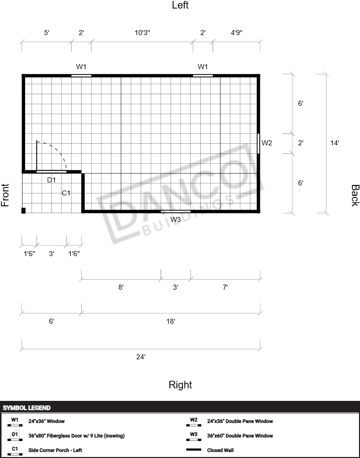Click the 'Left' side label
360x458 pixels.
pyautogui.click(x=180, y=5)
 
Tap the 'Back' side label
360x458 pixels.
pyautogui.click(x=355, y=195)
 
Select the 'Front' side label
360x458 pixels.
pyautogui.click(x=5, y=195)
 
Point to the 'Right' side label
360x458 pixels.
pyautogui.click(x=180, y=385)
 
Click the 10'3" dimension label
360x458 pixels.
pyautogui.click(x=142, y=33)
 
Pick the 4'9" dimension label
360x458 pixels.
pyautogui.click(x=236, y=33)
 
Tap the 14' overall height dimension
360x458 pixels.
pyautogui.click(x=334, y=143)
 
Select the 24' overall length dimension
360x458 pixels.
pyautogui.click(x=141, y=357)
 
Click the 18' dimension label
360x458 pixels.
pyautogui.click(x=171, y=321)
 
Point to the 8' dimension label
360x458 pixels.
pyautogui.click(x=121, y=287)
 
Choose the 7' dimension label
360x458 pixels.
pyautogui.click(x=225, y=287)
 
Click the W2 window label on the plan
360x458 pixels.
pyautogui.click(x=266, y=143)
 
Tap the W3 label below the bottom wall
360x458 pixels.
pyautogui.click(x=175, y=219)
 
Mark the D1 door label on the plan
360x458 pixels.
pyautogui.click(x=52, y=180)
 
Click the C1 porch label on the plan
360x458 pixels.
pyautogui.click(x=66, y=193)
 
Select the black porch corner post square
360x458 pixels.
pyautogui.click(x=24, y=210)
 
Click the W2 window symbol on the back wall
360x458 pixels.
pyautogui.click(x=258, y=143)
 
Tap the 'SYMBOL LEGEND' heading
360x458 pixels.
pyautogui.click(x=27, y=408)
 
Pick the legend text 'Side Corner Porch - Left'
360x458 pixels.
pyautogui.click(x=55, y=450)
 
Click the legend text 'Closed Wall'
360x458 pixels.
pyautogui.click(x=220, y=450)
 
